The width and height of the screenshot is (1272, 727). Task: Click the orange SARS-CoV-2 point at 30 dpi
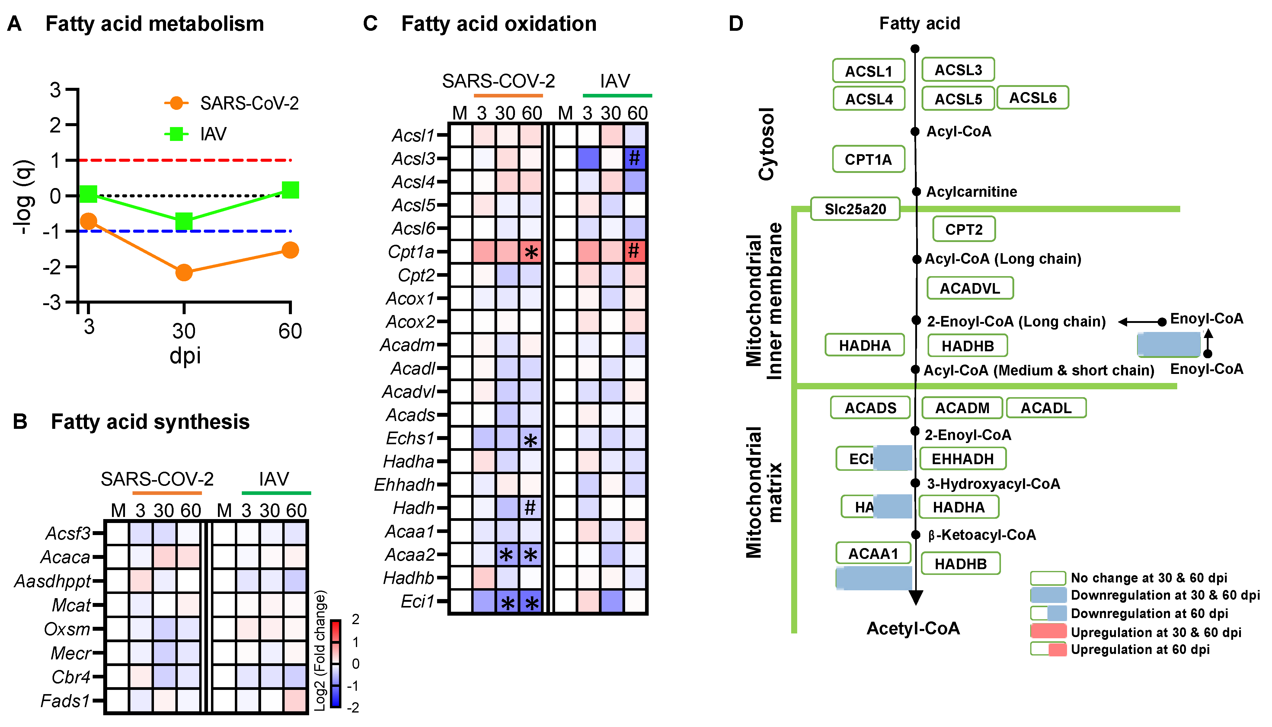click(184, 272)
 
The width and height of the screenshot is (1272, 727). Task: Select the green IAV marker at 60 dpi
click(290, 190)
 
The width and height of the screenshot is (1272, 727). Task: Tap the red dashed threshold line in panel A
click(185, 160)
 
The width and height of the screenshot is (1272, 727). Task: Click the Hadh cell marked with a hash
click(530, 508)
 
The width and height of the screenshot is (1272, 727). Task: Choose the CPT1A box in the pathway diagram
click(868, 159)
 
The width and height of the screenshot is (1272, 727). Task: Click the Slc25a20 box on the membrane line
click(855, 209)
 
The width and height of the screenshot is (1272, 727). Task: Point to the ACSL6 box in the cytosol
click(1032, 98)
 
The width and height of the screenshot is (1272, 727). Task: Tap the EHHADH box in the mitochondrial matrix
click(962, 459)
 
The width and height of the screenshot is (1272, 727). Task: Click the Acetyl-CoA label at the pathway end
click(913, 628)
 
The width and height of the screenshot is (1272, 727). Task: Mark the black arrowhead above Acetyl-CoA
click(916, 597)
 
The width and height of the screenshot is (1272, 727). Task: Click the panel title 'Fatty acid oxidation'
click(498, 24)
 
